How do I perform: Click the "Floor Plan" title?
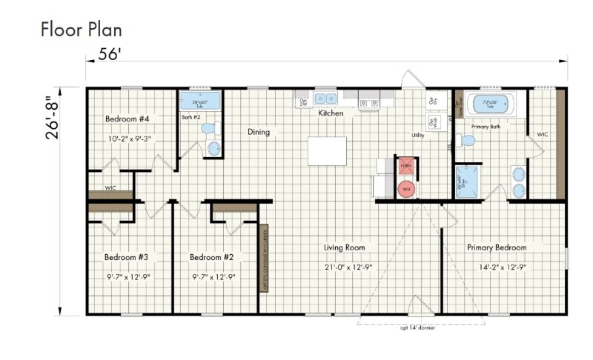tap(81, 30)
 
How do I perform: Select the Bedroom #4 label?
tap(127, 119)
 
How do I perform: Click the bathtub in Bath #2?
tap(200, 101)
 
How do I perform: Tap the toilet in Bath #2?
tap(208, 129)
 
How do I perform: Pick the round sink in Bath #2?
tap(213, 148)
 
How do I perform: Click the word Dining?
tap(258, 133)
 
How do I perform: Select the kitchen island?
tap(327, 151)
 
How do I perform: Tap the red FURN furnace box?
tap(405, 166)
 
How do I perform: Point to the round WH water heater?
tap(405, 189)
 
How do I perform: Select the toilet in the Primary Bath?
tap(466, 140)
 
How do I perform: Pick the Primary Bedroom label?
tap(496, 247)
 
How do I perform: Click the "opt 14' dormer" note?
tap(417, 327)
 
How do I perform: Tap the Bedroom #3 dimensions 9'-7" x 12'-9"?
tap(127, 277)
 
